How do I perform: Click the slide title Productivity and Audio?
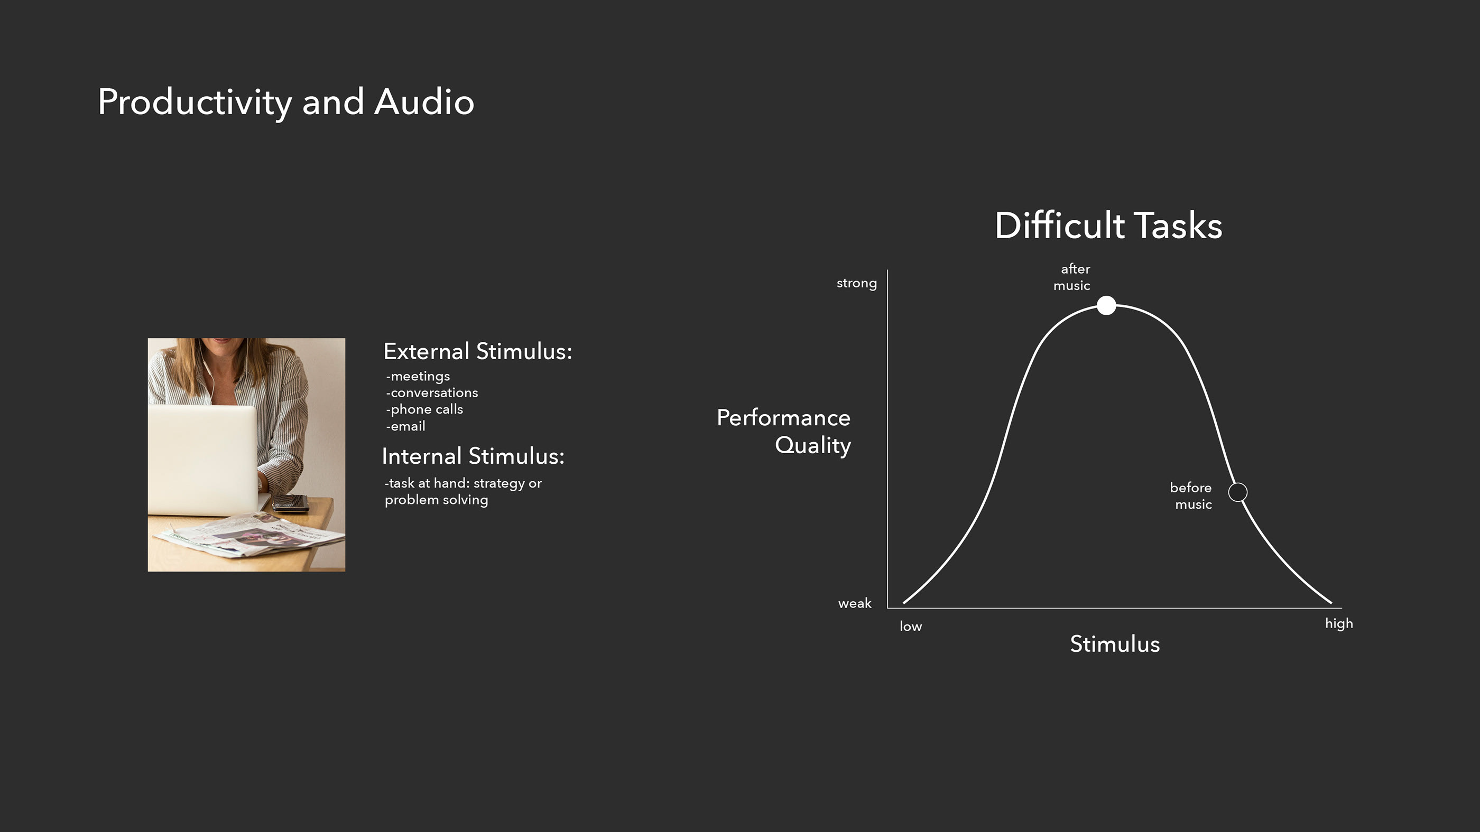coord(285,102)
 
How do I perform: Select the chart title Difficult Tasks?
coord(1108,225)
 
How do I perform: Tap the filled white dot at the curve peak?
coord(1106,305)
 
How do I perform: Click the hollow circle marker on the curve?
coord(1237,492)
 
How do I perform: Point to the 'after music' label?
coord(1072,277)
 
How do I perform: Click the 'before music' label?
coord(1191,496)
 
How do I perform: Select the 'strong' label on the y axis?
coord(856,283)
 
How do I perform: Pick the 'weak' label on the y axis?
coord(854,603)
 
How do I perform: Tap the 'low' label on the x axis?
coord(911,627)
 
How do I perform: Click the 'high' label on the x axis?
coord(1339,623)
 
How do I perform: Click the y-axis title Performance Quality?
coord(784,431)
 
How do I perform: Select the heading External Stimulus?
coord(477,351)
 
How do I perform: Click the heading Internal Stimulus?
coord(473,456)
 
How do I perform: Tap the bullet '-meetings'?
coord(418,377)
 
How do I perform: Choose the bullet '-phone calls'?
coord(424,409)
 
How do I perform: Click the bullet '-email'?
coord(405,427)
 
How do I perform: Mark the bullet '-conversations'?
coord(431,392)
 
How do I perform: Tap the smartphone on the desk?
coord(291,502)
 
